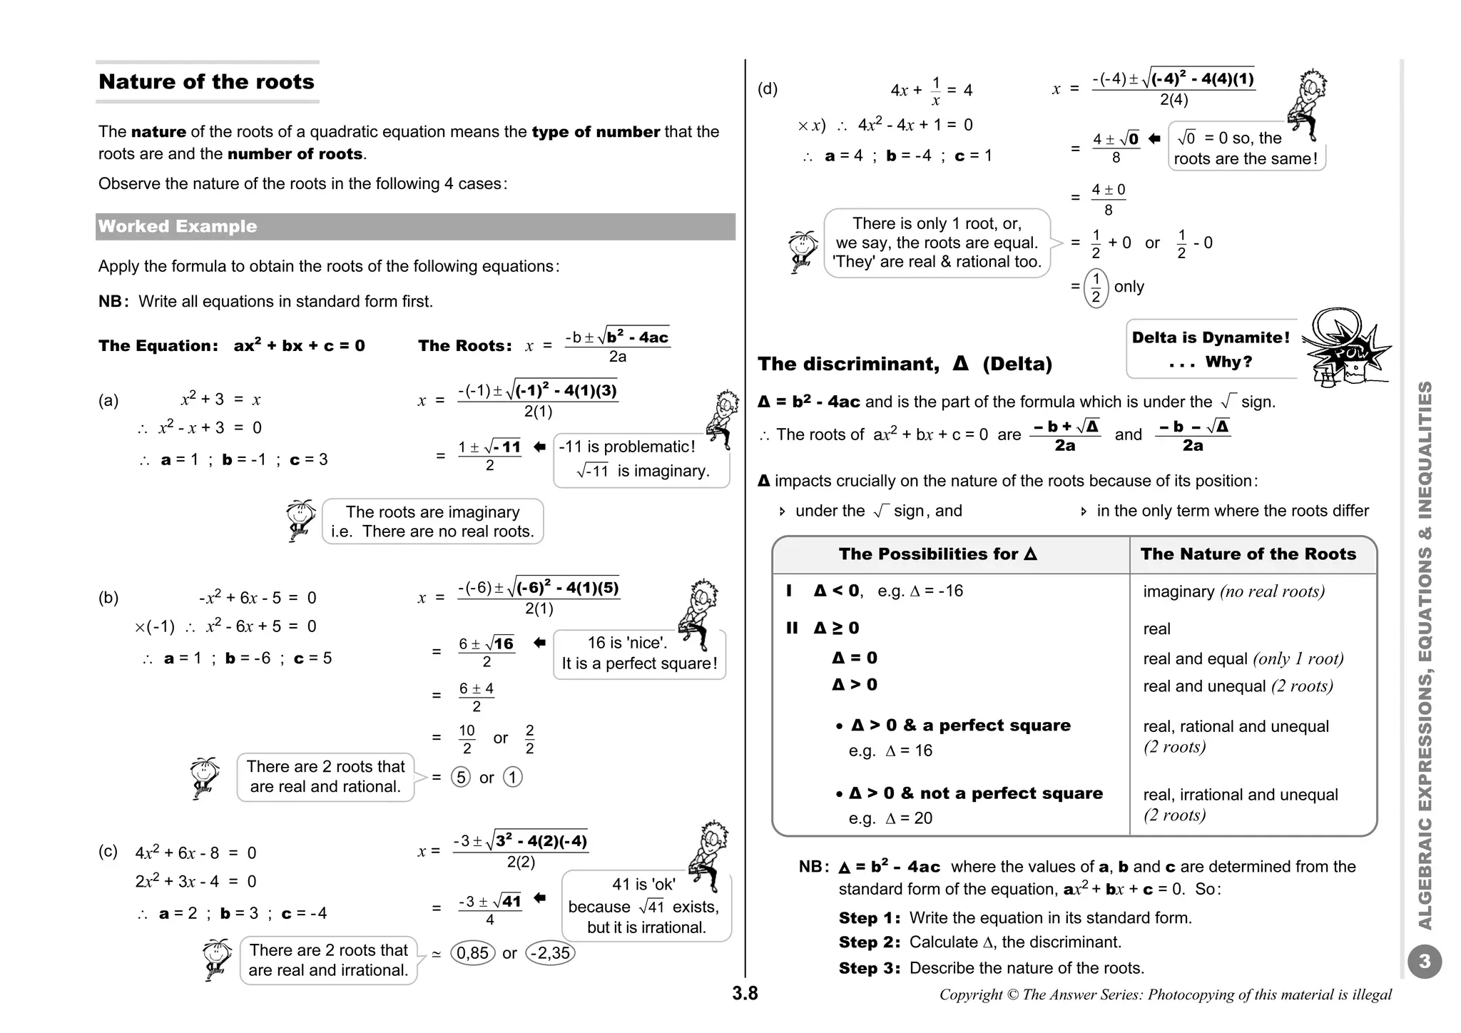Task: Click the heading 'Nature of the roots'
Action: [206, 82]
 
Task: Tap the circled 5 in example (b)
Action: [461, 777]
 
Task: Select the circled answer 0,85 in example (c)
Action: [472, 953]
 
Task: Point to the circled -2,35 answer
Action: [550, 953]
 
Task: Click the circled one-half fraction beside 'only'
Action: [1096, 287]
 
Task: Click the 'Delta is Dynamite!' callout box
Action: [1211, 349]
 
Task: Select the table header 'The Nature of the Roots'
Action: [1248, 554]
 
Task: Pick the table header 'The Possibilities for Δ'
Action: [937, 554]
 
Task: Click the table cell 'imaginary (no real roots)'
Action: [1233, 591]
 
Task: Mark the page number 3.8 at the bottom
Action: [745, 993]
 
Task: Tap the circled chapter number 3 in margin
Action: [1424, 962]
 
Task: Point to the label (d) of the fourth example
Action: [768, 89]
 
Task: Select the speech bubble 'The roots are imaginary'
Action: [432, 521]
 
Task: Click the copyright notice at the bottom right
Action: [1165, 994]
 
